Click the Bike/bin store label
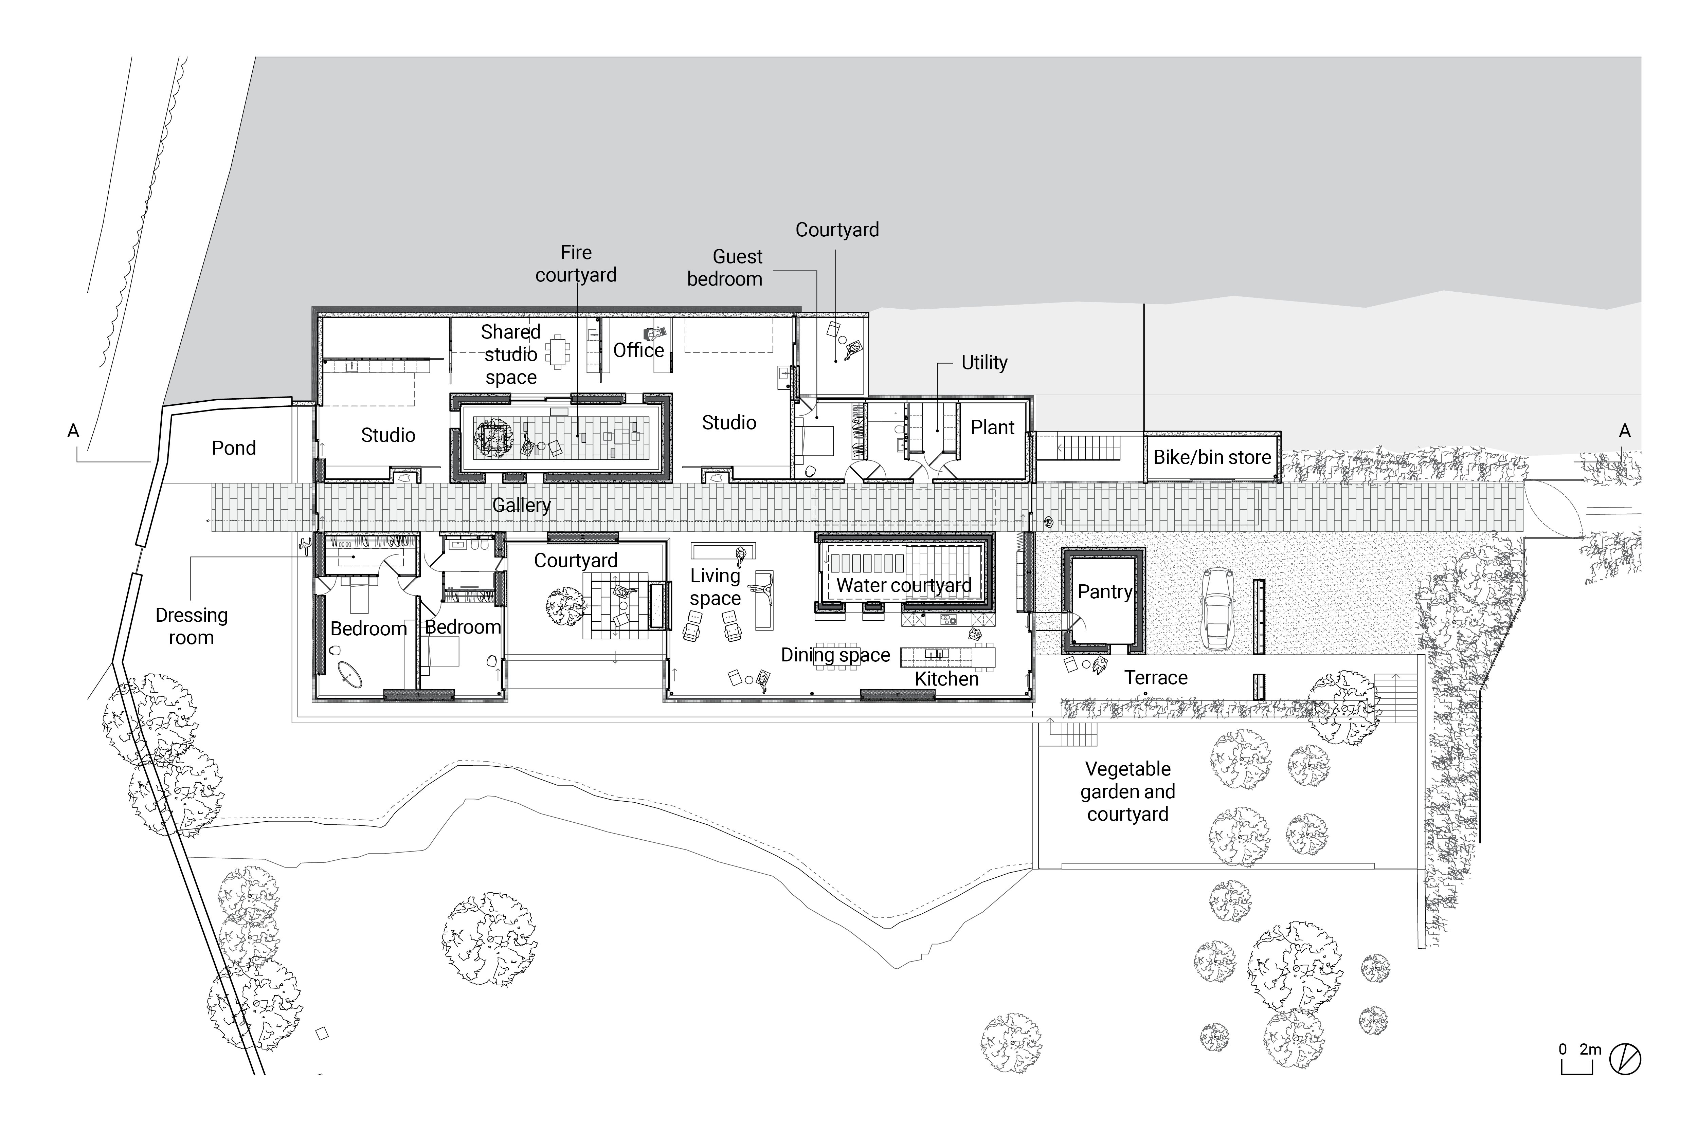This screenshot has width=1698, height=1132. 1212,457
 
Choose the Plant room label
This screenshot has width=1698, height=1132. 993,427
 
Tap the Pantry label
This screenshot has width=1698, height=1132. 1105,591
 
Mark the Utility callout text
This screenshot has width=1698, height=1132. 984,362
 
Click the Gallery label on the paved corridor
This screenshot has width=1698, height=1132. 521,505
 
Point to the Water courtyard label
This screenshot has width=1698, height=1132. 904,585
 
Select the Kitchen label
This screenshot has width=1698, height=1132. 946,679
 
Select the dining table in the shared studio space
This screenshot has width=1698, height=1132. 557,351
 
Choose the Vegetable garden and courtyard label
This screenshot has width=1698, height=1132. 1128,791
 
